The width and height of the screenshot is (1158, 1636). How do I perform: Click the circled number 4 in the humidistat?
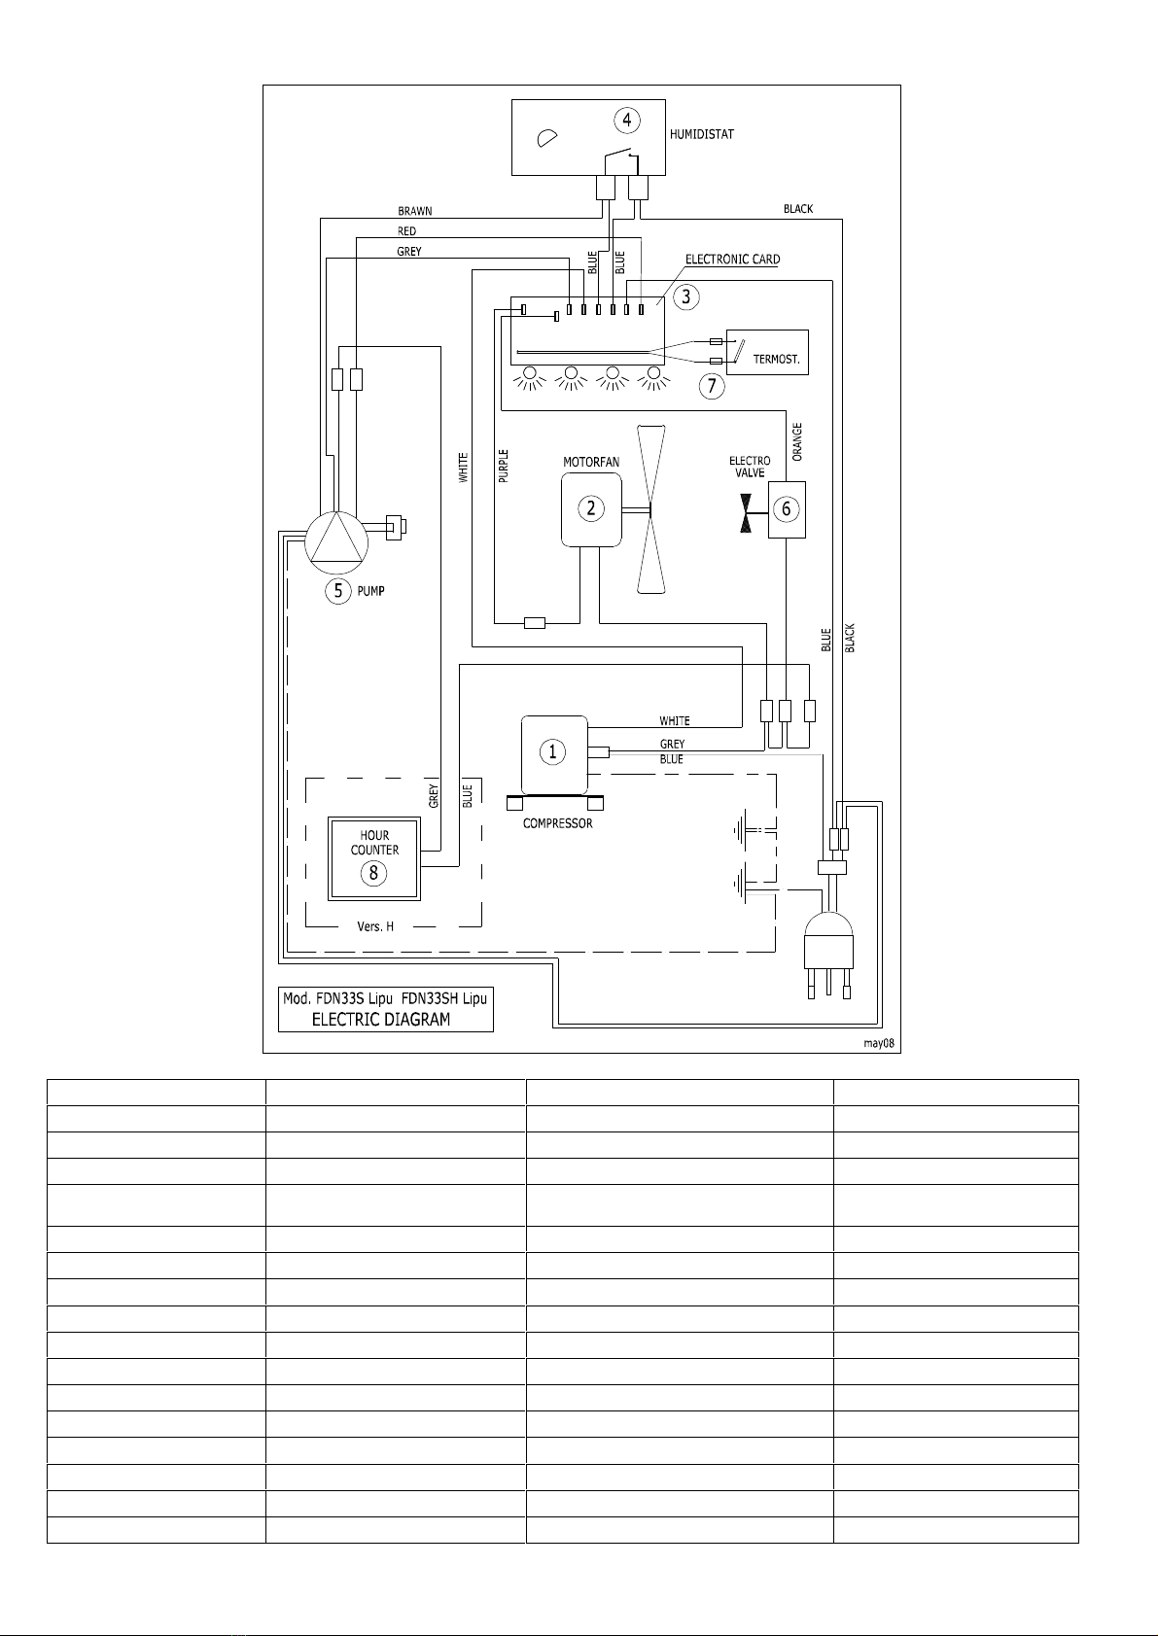point(627,120)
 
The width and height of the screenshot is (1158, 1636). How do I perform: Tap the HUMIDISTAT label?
point(701,134)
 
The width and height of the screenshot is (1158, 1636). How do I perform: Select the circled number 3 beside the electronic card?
point(685,297)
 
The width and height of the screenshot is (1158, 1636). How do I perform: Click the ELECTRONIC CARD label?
point(732,260)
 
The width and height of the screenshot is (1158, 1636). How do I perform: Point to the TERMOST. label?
point(776,360)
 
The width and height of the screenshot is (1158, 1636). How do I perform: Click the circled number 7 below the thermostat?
point(712,386)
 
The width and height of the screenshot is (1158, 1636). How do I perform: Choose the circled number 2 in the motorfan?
point(591,508)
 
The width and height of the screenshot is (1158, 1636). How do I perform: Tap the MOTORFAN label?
point(591,463)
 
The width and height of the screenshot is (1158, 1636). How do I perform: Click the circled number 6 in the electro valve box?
point(787,508)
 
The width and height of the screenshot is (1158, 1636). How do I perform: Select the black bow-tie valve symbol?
point(746,512)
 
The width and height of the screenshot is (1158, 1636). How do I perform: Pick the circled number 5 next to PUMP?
point(337,591)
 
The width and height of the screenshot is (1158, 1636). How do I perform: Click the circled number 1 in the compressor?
point(552,751)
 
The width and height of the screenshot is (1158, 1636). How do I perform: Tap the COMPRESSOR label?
point(557,824)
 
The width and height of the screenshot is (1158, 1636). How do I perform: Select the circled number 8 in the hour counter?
point(373,873)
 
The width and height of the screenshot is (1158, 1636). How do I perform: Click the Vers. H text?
point(374,926)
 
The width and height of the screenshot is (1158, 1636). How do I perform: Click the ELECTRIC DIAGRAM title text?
point(380,1020)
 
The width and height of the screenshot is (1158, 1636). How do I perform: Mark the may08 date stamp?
point(879,1043)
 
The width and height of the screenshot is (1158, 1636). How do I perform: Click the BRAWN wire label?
point(414,211)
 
